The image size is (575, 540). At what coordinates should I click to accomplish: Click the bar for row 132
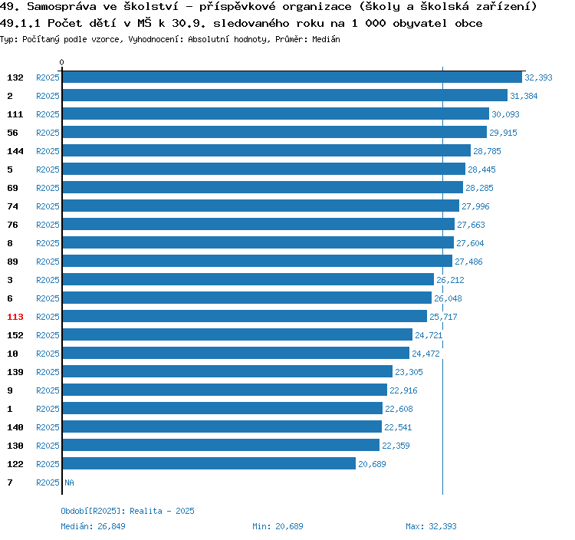tap(292, 77)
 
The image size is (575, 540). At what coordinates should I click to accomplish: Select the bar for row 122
tap(209, 464)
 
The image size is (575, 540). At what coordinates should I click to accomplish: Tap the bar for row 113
tap(245, 317)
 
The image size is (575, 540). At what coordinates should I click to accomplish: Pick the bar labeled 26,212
tap(248, 280)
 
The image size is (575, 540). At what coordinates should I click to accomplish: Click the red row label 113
tap(15, 317)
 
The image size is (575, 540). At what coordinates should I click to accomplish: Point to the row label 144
tap(15, 151)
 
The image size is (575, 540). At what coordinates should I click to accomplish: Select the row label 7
tap(10, 482)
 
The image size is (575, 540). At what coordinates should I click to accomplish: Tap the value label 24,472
tap(426, 354)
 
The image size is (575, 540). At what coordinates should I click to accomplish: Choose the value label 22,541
tap(399, 427)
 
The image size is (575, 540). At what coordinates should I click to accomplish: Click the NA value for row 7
tap(69, 482)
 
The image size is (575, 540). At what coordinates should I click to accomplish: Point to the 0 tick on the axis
tap(62, 62)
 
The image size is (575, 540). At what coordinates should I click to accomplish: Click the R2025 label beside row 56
tap(48, 133)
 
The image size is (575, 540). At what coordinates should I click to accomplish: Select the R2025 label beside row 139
tap(48, 372)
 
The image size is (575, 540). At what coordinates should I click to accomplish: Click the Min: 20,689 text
tap(278, 526)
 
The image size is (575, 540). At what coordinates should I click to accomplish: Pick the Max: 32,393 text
tap(431, 526)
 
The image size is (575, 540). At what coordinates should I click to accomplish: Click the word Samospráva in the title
tap(56, 7)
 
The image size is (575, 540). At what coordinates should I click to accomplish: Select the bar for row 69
tap(262, 188)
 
